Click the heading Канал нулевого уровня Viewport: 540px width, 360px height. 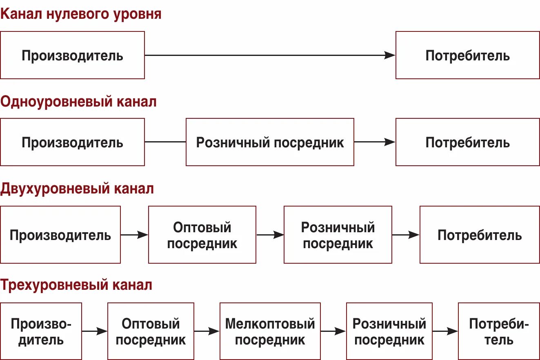81,14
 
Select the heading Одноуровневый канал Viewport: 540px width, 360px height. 78,102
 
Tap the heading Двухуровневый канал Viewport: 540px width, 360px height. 77,189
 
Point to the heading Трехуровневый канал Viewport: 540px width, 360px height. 76,285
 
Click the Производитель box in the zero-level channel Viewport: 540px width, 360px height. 72,55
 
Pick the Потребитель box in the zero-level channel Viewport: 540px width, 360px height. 467,55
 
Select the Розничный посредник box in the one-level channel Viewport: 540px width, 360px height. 270,142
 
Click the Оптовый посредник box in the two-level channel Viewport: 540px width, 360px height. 202,235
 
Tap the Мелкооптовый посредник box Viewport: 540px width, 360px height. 270,331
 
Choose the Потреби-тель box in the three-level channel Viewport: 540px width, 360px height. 499,331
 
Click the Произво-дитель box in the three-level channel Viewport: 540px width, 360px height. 41,331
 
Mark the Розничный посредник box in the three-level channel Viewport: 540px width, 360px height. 389,331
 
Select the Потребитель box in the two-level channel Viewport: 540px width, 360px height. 480,235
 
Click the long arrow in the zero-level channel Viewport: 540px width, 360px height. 270,55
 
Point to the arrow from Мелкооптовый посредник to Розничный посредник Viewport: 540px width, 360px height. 333,331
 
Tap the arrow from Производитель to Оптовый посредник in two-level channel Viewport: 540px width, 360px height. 134,235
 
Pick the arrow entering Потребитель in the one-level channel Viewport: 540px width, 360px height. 374,142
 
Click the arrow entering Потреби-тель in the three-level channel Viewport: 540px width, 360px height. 445,331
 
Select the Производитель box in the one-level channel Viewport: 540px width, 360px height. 72,142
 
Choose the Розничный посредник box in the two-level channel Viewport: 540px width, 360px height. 338,235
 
